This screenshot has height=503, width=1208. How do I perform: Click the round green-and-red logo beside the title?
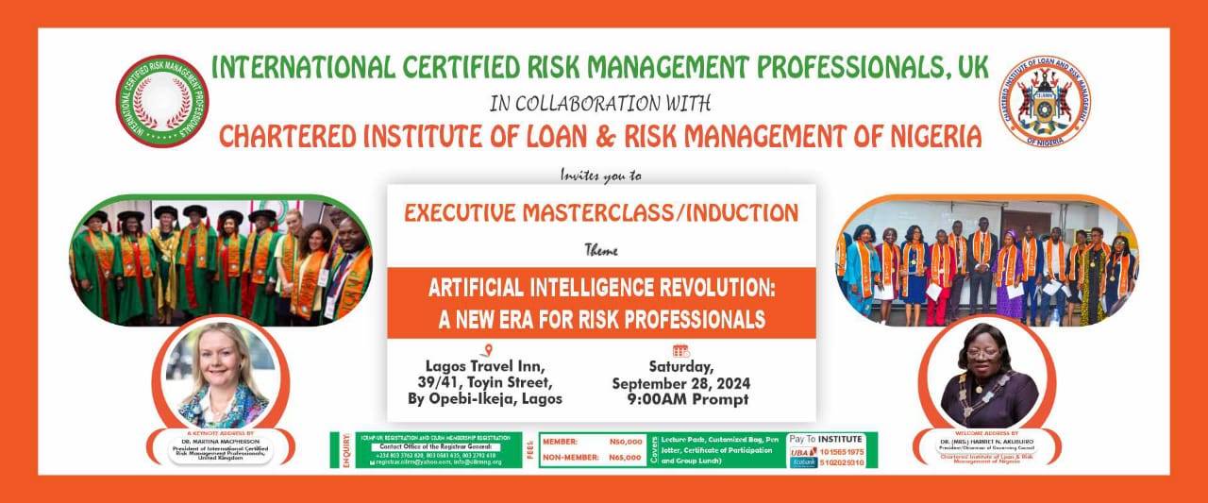tap(162, 101)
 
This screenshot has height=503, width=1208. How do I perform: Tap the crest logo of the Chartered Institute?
tap(1045, 101)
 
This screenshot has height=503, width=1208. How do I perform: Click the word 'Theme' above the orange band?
tap(601, 251)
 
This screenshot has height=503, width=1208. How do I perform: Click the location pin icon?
tap(485, 350)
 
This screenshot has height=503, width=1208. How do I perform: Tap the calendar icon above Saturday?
tap(680, 350)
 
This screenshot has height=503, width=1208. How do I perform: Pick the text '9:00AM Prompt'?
tap(687, 399)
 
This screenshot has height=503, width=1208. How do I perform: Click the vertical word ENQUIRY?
tap(347, 451)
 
